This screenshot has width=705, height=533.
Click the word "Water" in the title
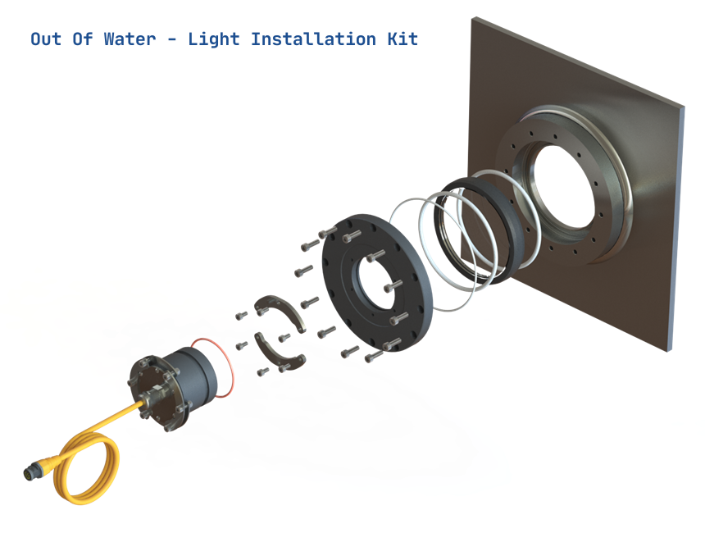tap(130, 39)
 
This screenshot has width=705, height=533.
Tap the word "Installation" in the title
tap(313, 39)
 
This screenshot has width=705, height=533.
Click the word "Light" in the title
tap(214, 39)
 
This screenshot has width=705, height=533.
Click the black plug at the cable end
tap(31, 473)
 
